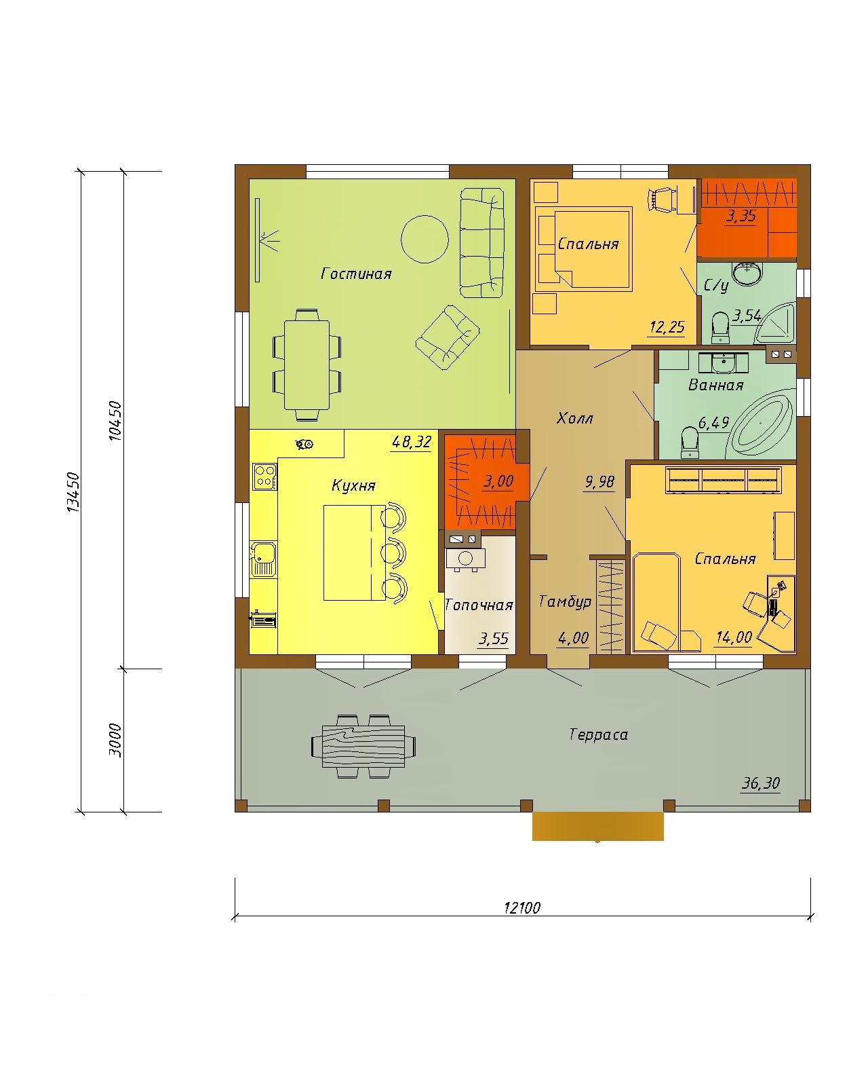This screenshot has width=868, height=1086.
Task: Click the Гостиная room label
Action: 356,274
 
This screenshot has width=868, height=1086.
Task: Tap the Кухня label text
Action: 353,485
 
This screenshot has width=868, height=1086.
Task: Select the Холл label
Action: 574,418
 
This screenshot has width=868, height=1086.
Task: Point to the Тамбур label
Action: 564,601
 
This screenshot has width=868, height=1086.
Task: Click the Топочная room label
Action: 479,605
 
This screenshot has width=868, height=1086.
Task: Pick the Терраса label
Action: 599,735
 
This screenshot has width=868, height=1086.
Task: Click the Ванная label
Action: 715,386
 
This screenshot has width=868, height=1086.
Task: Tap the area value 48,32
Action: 412,443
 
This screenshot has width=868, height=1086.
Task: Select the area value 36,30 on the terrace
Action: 760,784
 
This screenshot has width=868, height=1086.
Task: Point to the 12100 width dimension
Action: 522,908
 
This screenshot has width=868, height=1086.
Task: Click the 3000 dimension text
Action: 115,740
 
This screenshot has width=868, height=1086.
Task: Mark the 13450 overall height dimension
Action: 73,492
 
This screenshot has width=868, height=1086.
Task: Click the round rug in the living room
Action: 424,239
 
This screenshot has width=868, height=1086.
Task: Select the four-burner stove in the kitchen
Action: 265,476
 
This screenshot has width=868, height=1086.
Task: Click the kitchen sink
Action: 262,559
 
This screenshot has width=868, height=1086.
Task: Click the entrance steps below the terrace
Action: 597,826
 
